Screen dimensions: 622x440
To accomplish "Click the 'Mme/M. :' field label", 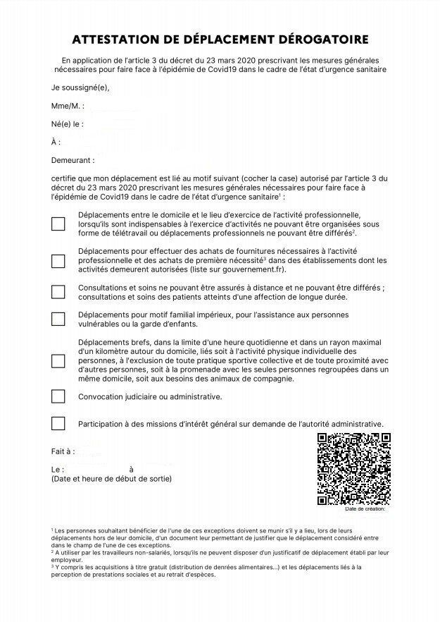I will click(68, 106).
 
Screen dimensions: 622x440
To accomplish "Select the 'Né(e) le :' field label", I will click(68, 124).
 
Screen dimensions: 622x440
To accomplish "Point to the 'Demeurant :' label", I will click(73, 161).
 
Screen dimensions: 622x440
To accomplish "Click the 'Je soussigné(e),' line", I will click(80, 88).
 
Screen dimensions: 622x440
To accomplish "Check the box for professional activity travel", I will click(58, 224).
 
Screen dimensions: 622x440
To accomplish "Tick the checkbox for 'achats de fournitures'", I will click(58, 260).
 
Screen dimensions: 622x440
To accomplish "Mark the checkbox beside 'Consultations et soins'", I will click(58, 292).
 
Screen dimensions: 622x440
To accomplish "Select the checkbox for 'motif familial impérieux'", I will click(58, 319).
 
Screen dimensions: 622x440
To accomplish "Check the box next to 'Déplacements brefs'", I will click(58, 360).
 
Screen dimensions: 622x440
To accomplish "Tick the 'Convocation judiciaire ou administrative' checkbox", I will click(58, 397).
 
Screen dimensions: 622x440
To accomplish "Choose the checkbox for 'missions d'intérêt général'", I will click(58, 424).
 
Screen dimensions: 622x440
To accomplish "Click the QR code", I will click(353, 469).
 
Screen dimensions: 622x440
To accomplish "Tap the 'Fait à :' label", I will click(63, 451).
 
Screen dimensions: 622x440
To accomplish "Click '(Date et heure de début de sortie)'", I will click(111, 479).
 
